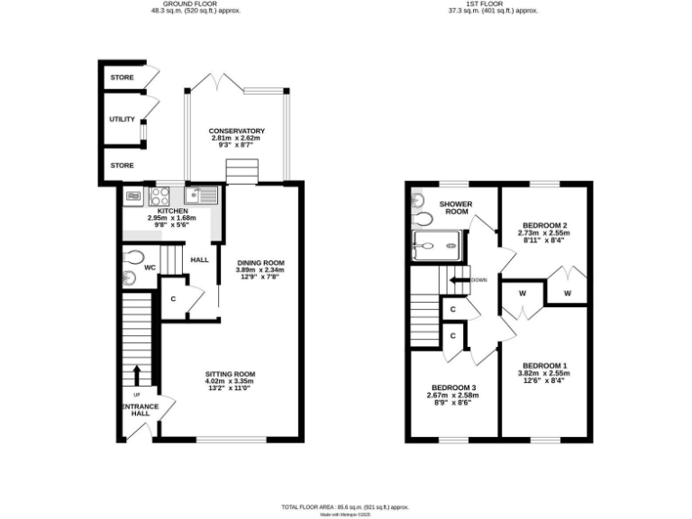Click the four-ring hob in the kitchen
pos(160,196)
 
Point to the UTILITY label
pos(122,119)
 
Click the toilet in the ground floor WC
pos(134,256)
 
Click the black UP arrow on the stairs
pos(137,373)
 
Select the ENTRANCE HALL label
pos(140,411)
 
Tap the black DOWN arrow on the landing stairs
pos(460,280)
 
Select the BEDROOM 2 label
pos(543,225)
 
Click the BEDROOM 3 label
pos(451,387)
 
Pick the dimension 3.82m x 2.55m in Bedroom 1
pos(542,373)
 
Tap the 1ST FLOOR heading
pos(493,4)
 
